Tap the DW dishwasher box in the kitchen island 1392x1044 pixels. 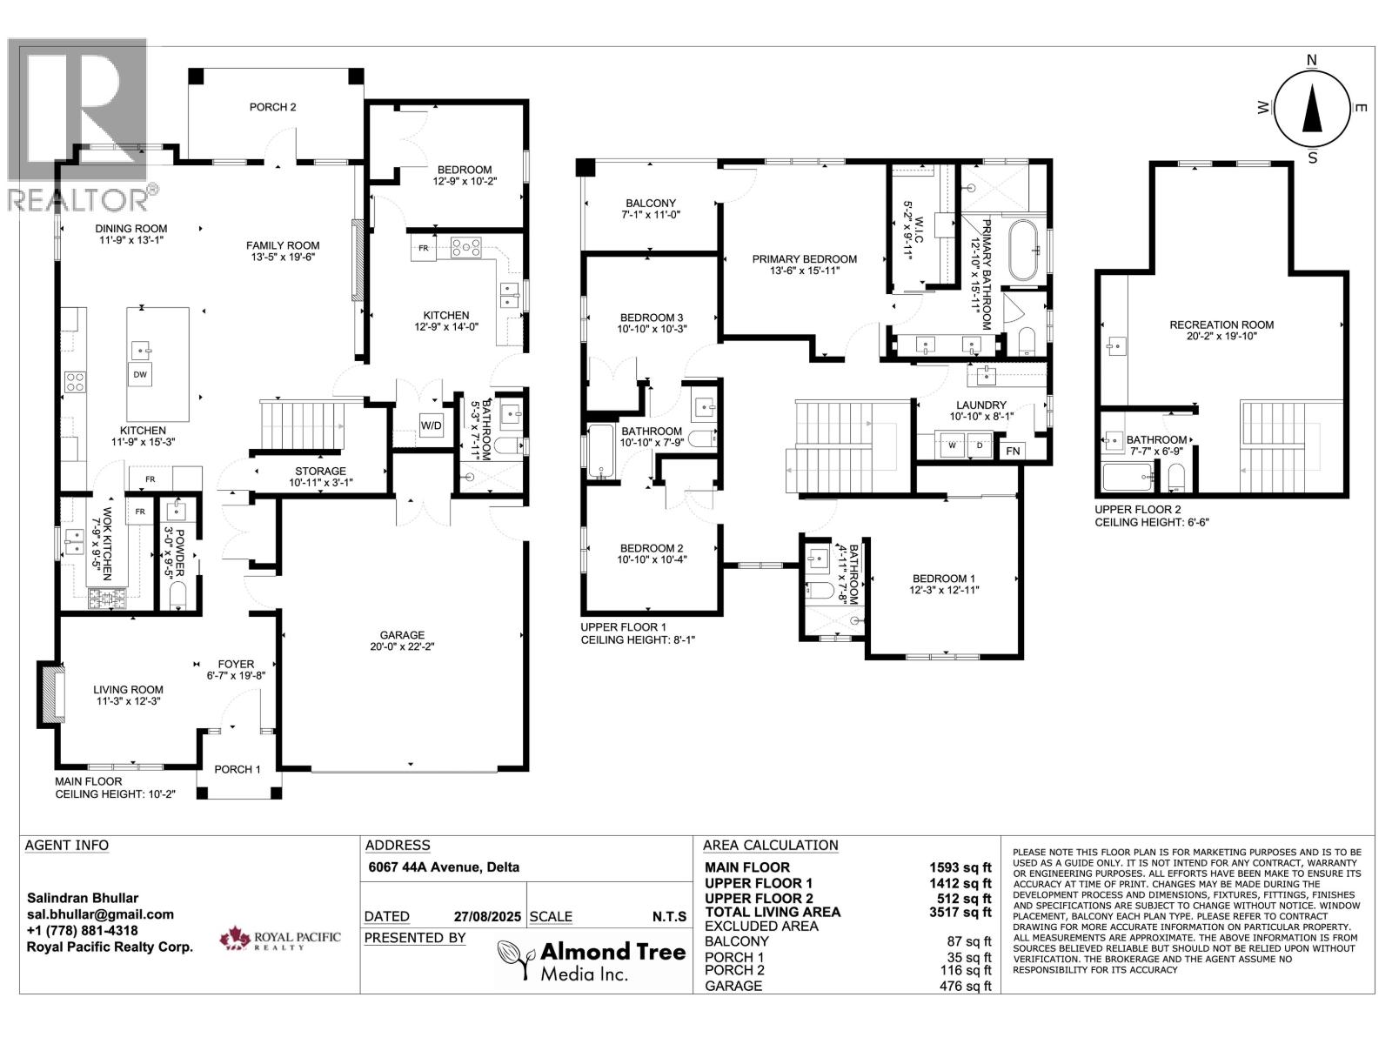(139, 375)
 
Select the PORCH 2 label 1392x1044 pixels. (272, 107)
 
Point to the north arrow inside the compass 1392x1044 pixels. (1311, 110)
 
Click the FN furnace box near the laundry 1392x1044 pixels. (1012, 452)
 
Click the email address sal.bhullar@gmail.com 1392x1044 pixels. (100, 914)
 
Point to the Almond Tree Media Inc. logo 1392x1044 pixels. (592, 960)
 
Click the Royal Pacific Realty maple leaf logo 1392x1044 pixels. (235, 939)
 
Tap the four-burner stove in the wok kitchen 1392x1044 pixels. (107, 598)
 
